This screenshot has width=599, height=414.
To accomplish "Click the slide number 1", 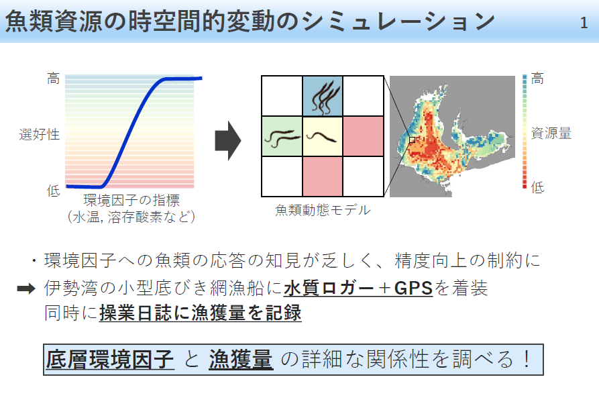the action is click(x=584, y=23).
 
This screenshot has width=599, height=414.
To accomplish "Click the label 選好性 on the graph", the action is click(x=40, y=135).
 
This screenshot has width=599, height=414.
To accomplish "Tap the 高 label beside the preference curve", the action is click(x=54, y=79).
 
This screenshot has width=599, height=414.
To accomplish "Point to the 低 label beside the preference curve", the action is click(x=54, y=190).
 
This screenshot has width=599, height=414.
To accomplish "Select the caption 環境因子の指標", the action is click(x=131, y=200).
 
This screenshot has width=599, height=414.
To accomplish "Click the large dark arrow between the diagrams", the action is click(x=228, y=140).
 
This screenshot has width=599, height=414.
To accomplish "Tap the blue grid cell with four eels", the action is click(x=323, y=95).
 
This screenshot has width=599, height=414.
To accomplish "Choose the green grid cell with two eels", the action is click(x=282, y=136).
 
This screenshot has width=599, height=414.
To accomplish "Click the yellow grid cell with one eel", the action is click(x=323, y=136).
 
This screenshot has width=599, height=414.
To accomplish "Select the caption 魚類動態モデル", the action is click(x=323, y=210).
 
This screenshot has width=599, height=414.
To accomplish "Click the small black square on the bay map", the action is click(x=413, y=140).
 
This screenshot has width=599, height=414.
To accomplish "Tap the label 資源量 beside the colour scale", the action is click(x=551, y=134).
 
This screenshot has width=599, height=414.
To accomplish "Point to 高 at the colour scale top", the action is click(x=537, y=79).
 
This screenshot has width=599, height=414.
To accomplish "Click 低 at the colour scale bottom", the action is click(x=537, y=187).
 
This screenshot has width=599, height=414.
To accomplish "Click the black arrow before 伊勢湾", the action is click(x=26, y=289).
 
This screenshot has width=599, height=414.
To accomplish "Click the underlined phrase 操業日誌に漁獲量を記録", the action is click(x=200, y=313).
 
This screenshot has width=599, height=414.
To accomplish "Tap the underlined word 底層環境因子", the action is click(x=109, y=360).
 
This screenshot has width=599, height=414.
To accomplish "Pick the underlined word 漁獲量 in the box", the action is click(x=241, y=360).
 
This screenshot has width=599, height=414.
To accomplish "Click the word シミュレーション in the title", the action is click(x=398, y=21).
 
